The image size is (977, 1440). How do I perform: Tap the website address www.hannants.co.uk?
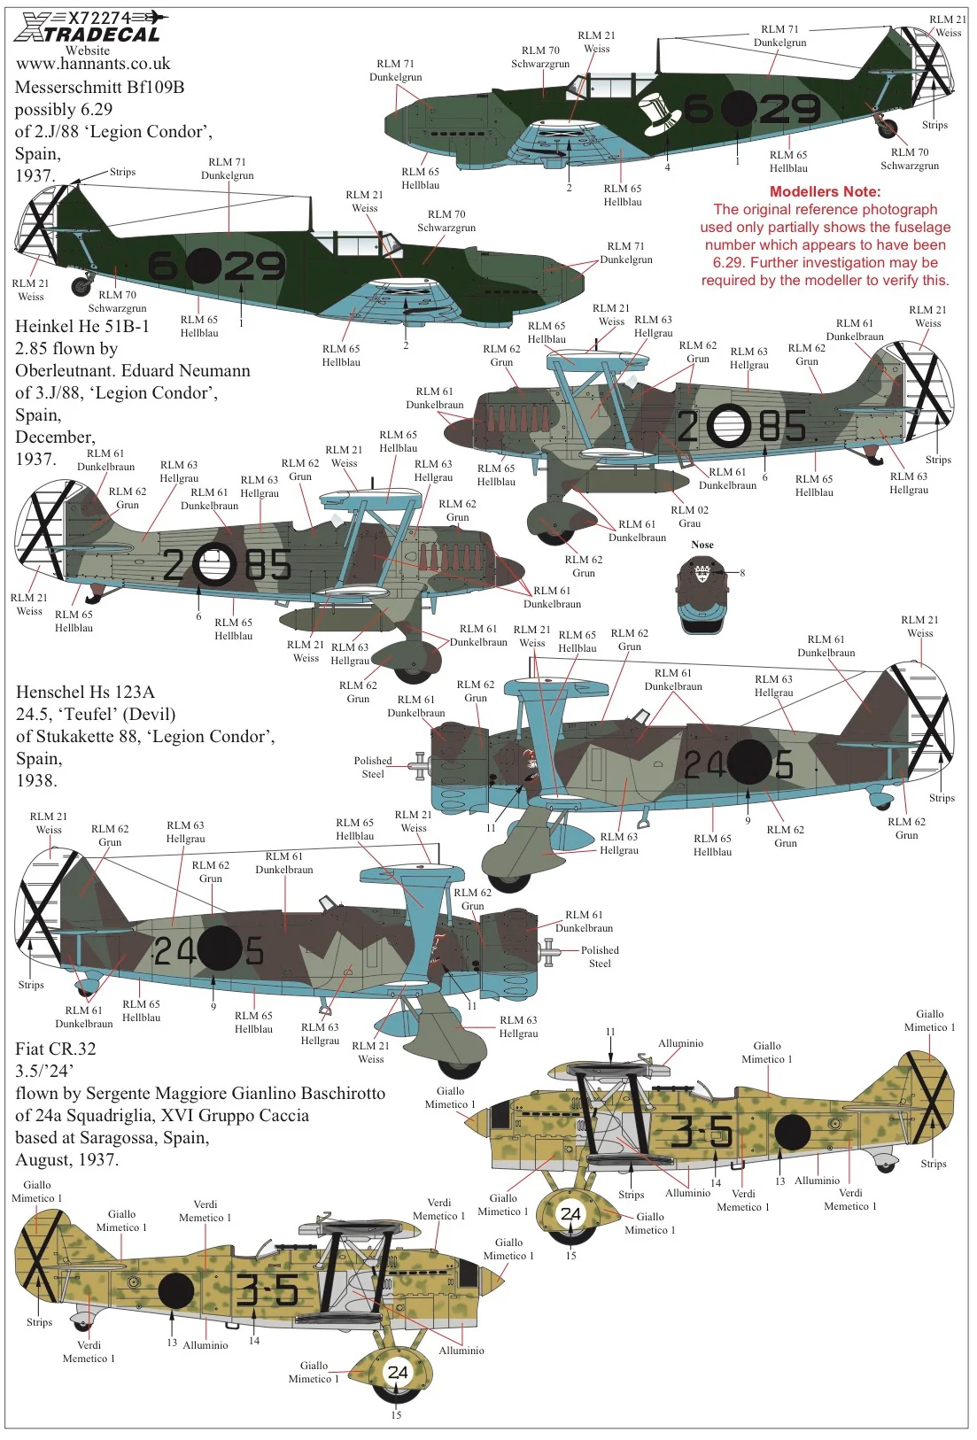pyautogui.click(x=93, y=64)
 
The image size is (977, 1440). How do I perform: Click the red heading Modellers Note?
pyautogui.click(x=825, y=191)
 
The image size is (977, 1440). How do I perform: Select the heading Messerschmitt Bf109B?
pyautogui.click(x=99, y=87)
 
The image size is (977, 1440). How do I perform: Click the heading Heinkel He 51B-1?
pyautogui.click(x=82, y=327)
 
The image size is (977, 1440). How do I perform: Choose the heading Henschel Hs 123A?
pyautogui.click(x=86, y=693)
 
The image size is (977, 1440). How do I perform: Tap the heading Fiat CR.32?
pyautogui.click(x=55, y=1049)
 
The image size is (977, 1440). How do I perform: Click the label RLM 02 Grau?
pyautogui.click(x=689, y=517)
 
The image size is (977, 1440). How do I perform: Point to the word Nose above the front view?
pyautogui.click(x=702, y=545)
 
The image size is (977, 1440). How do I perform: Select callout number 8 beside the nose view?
pyautogui.click(x=742, y=573)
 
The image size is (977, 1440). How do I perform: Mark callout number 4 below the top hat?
pyautogui.click(x=667, y=167)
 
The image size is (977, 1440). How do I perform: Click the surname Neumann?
pyautogui.click(x=215, y=371)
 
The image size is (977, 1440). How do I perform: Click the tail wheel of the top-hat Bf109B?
pyautogui.click(x=888, y=128)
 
